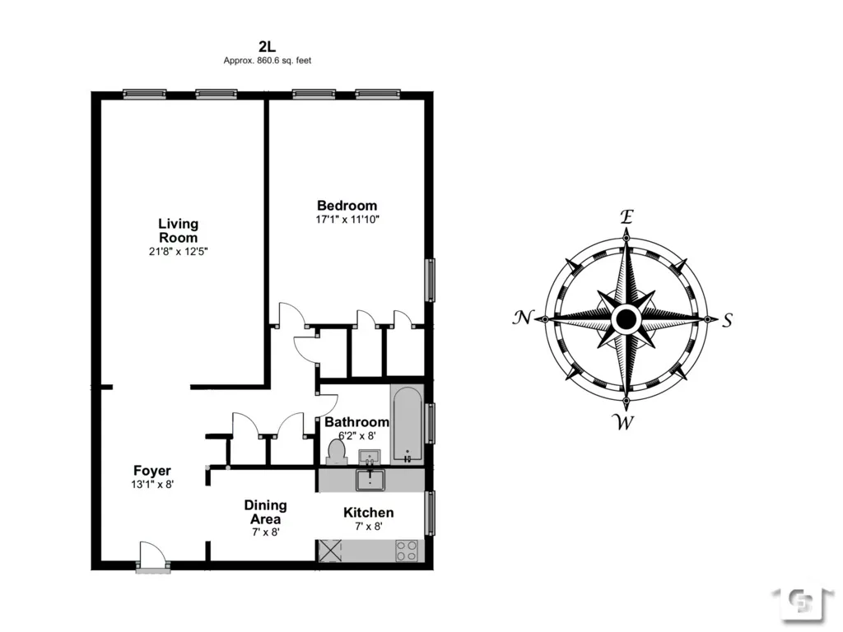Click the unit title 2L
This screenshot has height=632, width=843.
click(x=267, y=47)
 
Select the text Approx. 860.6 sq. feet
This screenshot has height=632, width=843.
click(x=267, y=61)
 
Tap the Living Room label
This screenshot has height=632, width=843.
click(x=179, y=230)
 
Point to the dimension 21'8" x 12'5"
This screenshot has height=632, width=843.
click(x=179, y=252)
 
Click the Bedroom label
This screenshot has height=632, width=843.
click(x=347, y=206)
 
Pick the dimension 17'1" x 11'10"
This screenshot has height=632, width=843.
click(x=347, y=220)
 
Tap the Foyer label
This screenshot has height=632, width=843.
click(x=152, y=471)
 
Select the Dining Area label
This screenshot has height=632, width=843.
click(x=265, y=512)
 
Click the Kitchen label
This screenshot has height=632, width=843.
click(x=368, y=513)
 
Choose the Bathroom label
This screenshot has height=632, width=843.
click(x=356, y=422)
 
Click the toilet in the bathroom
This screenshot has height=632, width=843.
click(x=337, y=451)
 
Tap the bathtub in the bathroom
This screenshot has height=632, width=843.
click(x=407, y=426)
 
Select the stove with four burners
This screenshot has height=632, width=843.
click(x=407, y=551)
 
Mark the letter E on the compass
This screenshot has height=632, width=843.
click(x=626, y=217)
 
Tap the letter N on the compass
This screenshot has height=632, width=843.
click(x=522, y=318)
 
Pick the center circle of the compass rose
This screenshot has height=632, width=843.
click(x=626, y=318)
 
